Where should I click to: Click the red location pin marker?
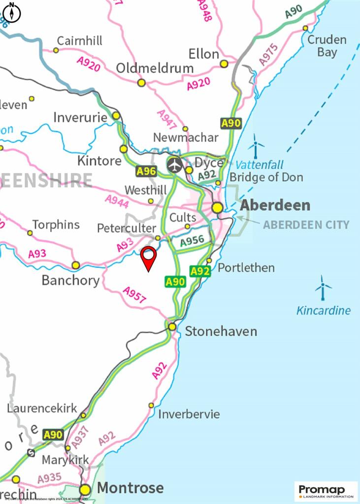coord(148,257)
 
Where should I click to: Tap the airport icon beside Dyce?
coord(174,165)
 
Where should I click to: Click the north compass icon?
coord(12,12)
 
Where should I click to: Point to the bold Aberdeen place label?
coord(275,205)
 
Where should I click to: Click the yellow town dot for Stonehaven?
coord(172,327)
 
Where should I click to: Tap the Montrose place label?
coord(130,488)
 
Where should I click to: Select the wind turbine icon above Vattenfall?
coord(256,146)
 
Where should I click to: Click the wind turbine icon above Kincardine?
coord(323,288)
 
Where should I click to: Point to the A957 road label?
coord(134,295)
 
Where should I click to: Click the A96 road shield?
coord(146,171)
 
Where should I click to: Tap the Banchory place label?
coord(70,281)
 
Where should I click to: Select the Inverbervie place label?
coord(189,414)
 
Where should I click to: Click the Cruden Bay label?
coord(327,46)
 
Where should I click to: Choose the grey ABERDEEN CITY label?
coord(306,225)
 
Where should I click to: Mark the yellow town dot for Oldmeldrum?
coord(141,83)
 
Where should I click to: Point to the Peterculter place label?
coord(126,228)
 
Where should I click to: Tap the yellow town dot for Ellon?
coord(224,64)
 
